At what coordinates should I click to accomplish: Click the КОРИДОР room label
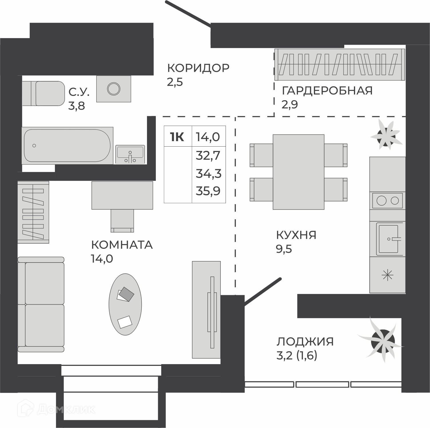coord(198,68)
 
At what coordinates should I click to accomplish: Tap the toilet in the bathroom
coord(43,93)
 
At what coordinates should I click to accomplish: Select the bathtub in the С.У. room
coord(67,145)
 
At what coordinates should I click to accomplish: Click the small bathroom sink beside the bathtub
coord(130,154)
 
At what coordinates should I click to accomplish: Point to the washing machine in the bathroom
coord(114,89)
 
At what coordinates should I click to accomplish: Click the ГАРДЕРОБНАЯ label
coord(327,90)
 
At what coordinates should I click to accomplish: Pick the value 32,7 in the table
coord(208,155)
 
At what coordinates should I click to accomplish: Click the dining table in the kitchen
coord(298,172)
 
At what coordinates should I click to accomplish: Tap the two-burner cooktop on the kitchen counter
coord(387,200)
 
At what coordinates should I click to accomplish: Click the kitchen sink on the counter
coord(389,239)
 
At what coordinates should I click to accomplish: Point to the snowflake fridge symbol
coord(388,275)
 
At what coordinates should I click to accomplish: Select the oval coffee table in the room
coord(125,304)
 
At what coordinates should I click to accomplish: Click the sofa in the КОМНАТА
coord(41,304)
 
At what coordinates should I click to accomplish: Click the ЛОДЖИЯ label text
coord(305,342)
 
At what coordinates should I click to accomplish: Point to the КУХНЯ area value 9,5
coord(284,249)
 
